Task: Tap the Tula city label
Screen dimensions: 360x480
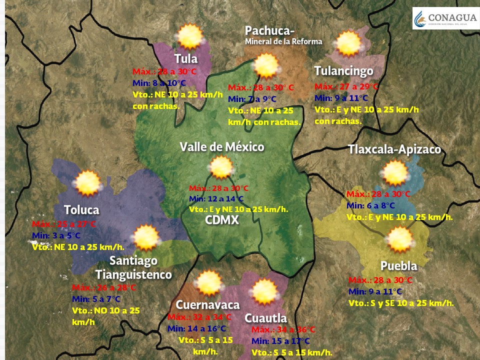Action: [x=185, y=58]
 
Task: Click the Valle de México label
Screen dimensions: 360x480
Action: [x=222, y=147]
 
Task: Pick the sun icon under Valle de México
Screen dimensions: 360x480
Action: [x=220, y=167]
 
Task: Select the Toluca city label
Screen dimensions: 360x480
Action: [x=81, y=210]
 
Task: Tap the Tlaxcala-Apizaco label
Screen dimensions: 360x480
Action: [x=394, y=149]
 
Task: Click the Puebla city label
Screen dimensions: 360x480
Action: [x=398, y=265]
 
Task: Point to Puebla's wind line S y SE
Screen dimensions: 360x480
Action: [x=401, y=303]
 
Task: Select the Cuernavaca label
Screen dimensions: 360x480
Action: [x=207, y=305]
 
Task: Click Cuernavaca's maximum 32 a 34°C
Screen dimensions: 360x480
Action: [x=199, y=317]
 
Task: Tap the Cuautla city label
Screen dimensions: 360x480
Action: [x=265, y=318]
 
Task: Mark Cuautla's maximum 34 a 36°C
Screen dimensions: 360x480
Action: [x=283, y=329]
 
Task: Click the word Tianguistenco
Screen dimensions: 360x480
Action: [x=133, y=274]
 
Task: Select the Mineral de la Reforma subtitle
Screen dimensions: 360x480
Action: [x=283, y=41]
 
